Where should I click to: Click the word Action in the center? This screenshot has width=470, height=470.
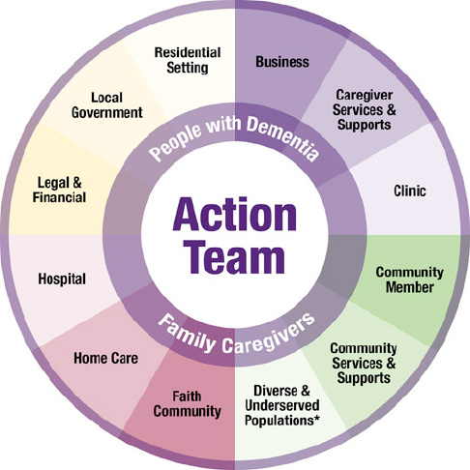pyautogui.click(x=235, y=215)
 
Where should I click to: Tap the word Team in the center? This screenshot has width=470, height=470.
pyautogui.click(x=236, y=256)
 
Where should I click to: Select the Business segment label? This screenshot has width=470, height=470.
pyautogui.click(x=282, y=62)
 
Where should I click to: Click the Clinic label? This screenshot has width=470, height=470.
pyautogui.click(x=410, y=191)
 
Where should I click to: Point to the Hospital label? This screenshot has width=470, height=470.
pyautogui.click(x=62, y=279)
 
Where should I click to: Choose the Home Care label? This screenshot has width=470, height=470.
pyautogui.click(x=105, y=358)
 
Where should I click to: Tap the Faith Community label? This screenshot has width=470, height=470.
pyautogui.click(x=187, y=404)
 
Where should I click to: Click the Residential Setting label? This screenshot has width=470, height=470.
pyautogui.click(x=188, y=60)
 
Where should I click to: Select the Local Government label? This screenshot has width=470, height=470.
pyautogui.click(x=106, y=105)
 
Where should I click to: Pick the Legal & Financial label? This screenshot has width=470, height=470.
pyautogui.click(x=59, y=191)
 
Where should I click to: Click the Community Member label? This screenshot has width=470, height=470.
pyautogui.click(x=410, y=279)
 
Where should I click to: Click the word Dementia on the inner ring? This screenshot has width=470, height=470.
pyautogui.click(x=284, y=138)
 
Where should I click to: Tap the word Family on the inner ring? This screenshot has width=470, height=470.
pyautogui.click(x=187, y=334)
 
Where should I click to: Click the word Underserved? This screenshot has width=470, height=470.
pyautogui.click(x=282, y=405)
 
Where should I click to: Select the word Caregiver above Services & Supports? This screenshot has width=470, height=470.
pyautogui.click(x=364, y=95)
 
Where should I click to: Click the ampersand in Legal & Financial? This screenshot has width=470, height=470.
pyautogui.click(x=77, y=183)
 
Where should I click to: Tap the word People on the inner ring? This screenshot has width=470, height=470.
pyautogui.click(x=177, y=141)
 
